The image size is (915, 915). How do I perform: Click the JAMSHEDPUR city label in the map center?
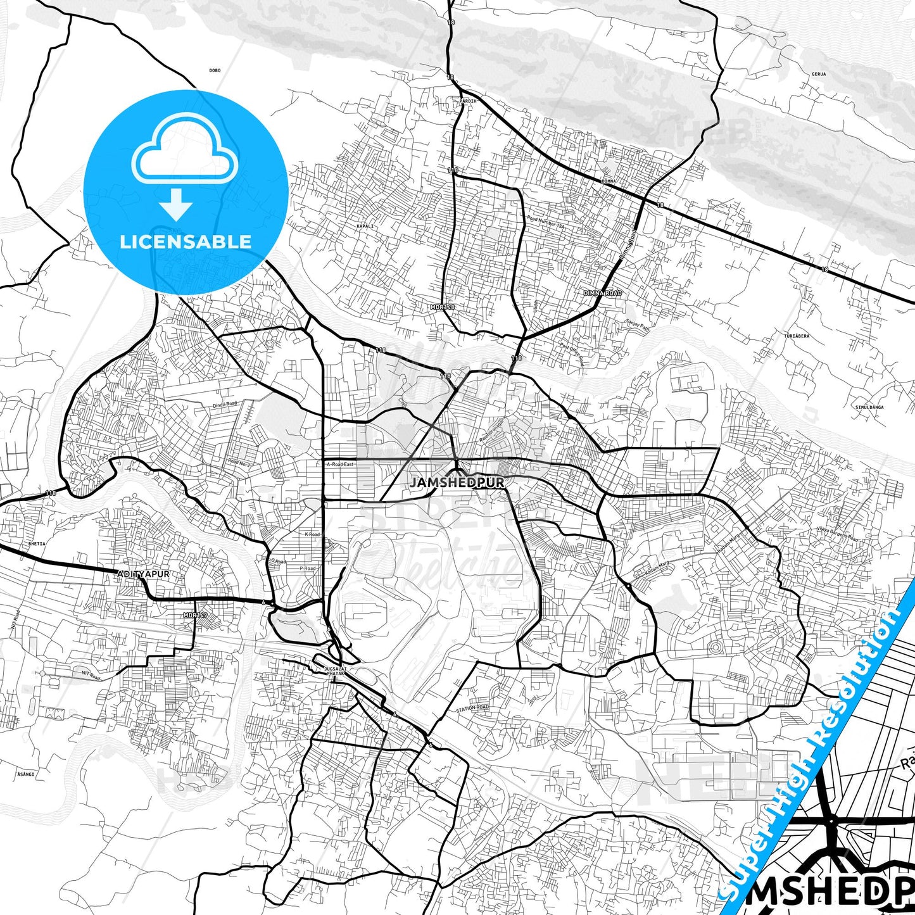point(457,483)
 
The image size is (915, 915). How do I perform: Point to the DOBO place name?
point(215,70)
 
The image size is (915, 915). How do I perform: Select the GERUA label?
point(819,74)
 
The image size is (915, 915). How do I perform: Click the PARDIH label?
point(469,101)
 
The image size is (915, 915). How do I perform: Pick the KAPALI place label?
point(365,226)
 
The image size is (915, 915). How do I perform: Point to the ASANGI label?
point(26,774)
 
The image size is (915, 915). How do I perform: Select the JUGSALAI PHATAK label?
point(336,671)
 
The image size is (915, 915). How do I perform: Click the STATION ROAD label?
point(473,707)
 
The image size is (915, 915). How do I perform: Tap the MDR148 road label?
point(441,307)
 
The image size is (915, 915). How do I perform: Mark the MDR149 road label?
point(194,615)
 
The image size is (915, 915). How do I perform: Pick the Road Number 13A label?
point(545,222)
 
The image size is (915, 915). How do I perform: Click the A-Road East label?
point(341,464)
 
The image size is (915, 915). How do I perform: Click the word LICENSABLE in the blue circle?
point(186,241)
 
